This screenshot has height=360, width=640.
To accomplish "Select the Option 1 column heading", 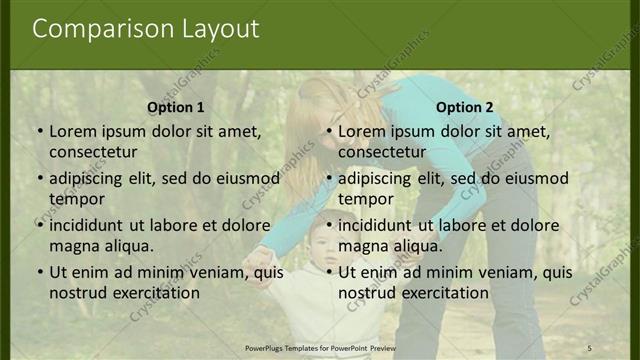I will (176, 107).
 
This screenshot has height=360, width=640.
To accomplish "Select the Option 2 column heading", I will (465, 107).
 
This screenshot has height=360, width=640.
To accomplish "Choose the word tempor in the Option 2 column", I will (366, 198).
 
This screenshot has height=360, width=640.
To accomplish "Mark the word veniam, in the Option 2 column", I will (495, 272).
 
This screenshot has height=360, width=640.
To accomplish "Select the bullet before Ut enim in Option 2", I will (328, 272).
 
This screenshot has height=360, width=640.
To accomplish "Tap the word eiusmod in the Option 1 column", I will (242, 178).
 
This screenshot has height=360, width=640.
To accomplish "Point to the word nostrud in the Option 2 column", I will (368, 293).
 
